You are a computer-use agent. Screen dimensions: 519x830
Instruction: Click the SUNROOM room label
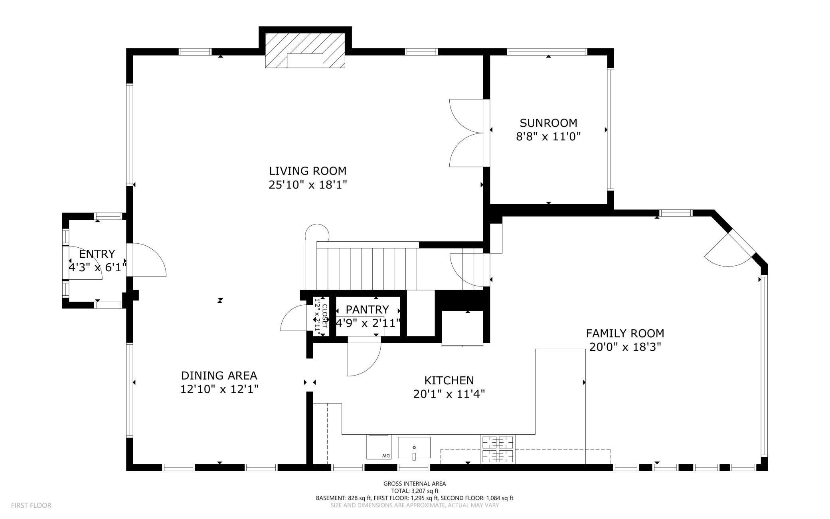tap(548, 123)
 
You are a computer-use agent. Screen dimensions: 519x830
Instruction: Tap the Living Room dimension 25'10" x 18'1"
tap(308, 185)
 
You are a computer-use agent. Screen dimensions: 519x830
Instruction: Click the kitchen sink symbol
tap(414, 447)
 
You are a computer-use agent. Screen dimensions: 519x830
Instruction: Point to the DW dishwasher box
tap(378, 447)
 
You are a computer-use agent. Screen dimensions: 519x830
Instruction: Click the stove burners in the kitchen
tap(498, 449)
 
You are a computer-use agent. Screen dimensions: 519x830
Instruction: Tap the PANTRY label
tap(367, 310)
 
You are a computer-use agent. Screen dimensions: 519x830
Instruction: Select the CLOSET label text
tap(324, 316)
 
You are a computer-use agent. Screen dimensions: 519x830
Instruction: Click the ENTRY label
tap(97, 254)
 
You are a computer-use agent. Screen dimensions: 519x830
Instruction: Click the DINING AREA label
tap(219, 376)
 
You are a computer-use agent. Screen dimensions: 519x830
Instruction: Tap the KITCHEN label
tap(449, 380)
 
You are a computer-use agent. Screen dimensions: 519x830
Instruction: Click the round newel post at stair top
tap(317, 233)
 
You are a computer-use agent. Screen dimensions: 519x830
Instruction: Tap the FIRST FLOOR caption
tap(31, 505)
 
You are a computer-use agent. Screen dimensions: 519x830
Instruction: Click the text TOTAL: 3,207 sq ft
tap(415, 491)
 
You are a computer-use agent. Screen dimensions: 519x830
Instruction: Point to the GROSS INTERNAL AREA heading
tap(415, 483)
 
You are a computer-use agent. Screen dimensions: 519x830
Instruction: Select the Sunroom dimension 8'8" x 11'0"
tap(548, 137)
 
